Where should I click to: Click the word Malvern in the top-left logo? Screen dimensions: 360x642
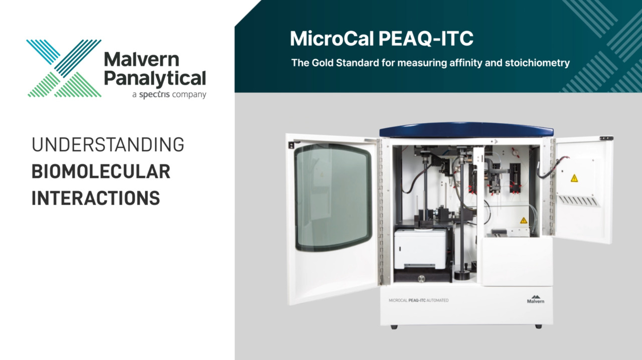pos(141,59)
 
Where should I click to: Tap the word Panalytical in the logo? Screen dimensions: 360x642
pos(154,78)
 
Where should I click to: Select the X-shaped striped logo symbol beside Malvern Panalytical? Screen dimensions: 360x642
pos(64,68)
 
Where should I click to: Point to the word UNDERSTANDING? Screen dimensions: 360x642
pos(108,145)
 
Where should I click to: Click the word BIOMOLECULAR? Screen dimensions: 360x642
pos(101,171)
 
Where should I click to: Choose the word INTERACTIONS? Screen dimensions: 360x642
pos(96,198)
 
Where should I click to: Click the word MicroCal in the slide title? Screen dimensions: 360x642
pos(333,39)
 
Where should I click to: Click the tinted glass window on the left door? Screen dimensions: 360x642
pos(333,198)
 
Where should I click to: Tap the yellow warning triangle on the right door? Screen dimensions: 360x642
pos(574,178)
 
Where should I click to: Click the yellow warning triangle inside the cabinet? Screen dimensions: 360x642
pos(523,220)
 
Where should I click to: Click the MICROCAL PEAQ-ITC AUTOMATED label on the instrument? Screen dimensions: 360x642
pos(418,300)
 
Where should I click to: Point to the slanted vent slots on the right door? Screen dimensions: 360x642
pos(579,201)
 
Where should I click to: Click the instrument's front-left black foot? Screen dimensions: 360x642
pos(394,327)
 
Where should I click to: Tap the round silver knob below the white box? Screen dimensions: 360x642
pos(421,279)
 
